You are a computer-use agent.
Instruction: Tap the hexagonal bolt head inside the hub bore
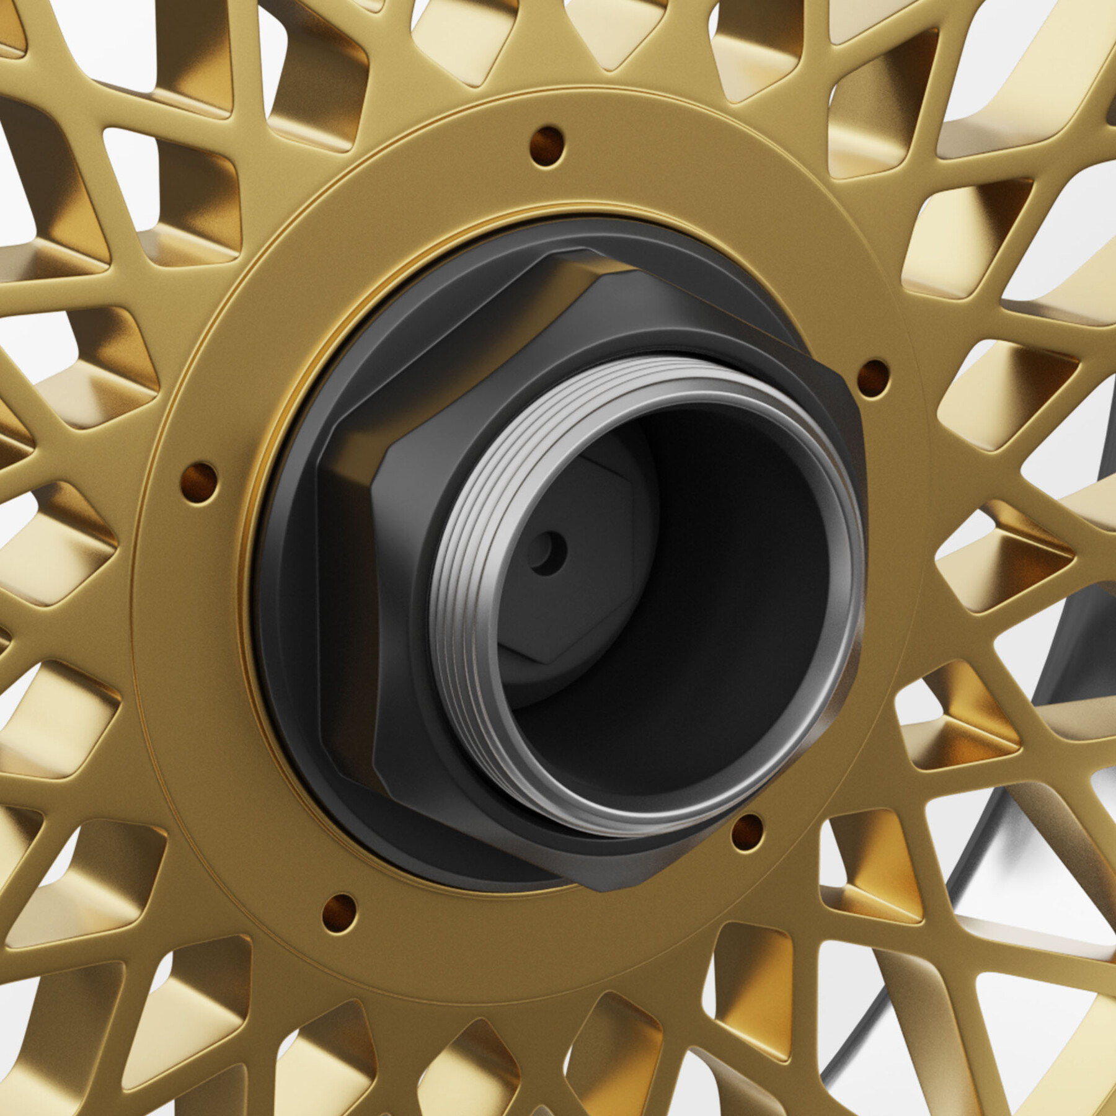click(558, 570)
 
